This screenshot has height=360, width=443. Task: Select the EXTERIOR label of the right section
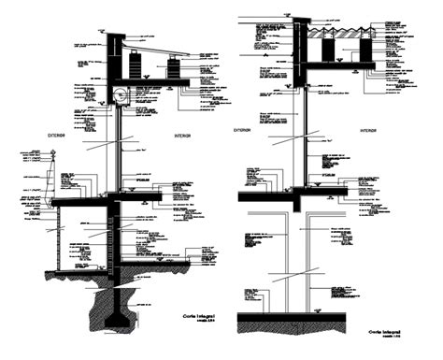(242, 129)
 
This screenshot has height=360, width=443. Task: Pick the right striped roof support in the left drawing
(175, 67)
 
